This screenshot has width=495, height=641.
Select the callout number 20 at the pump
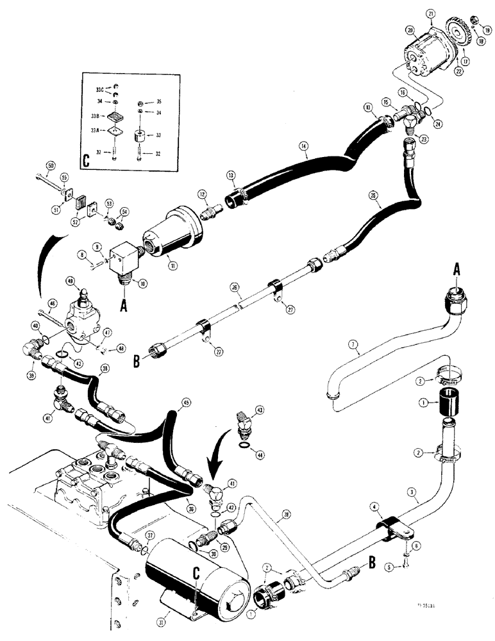coord(410,29)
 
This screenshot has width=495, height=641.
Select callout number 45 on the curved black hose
coord(186,403)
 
